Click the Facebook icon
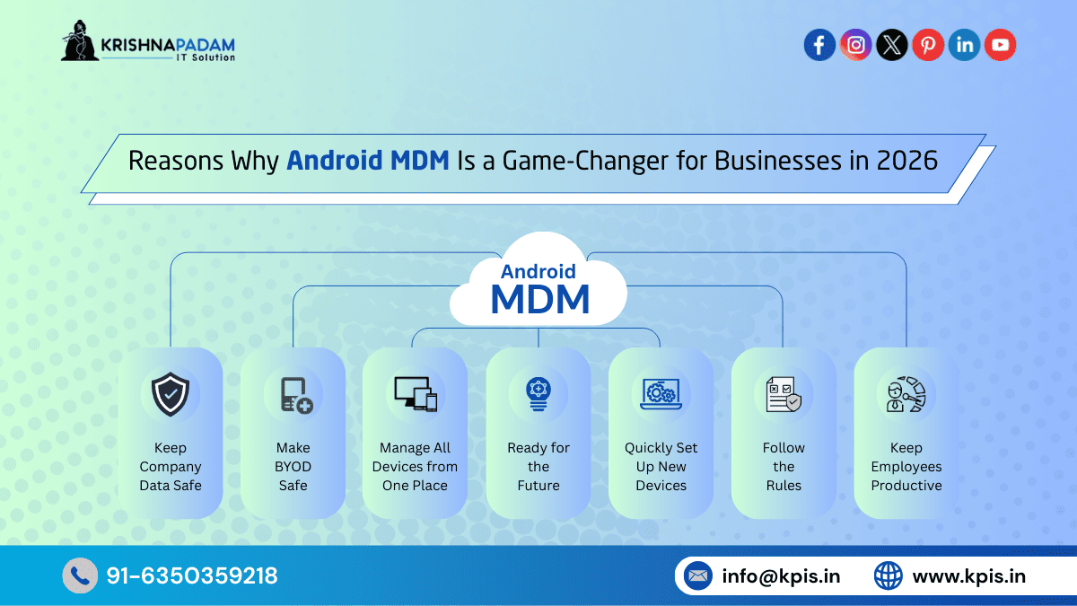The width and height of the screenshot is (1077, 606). pyautogui.click(x=819, y=45)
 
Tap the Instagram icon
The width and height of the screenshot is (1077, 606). pyautogui.click(x=855, y=45)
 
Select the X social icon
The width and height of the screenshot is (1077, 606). pyautogui.click(x=891, y=45)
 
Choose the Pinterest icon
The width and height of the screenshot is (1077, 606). pyautogui.click(x=927, y=45)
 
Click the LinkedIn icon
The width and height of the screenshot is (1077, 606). pyautogui.click(x=964, y=45)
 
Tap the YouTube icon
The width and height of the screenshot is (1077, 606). pyautogui.click(x=1000, y=45)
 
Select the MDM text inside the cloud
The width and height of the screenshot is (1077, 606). pyautogui.click(x=539, y=299)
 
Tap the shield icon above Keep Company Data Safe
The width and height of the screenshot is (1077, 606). pyautogui.click(x=170, y=394)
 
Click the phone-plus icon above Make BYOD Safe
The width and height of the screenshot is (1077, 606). pyautogui.click(x=293, y=394)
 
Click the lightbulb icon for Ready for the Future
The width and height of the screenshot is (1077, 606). pyautogui.click(x=538, y=394)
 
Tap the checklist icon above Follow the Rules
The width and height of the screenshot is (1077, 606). pyautogui.click(x=784, y=394)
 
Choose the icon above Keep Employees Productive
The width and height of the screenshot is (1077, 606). pyautogui.click(x=906, y=394)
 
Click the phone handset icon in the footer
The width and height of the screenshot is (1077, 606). pyautogui.click(x=79, y=575)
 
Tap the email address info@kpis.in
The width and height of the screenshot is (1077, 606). pyautogui.click(x=781, y=576)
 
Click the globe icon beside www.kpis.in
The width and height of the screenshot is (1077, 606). pyautogui.click(x=888, y=575)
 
